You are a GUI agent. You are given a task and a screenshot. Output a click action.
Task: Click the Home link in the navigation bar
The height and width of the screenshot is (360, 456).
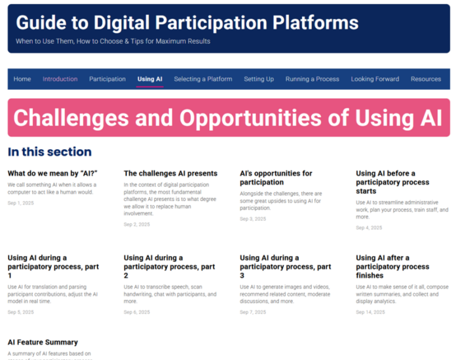[22, 79]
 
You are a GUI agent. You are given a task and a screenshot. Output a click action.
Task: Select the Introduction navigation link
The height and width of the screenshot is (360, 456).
[60, 79]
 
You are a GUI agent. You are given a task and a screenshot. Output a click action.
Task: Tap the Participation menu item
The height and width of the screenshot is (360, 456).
[107, 79]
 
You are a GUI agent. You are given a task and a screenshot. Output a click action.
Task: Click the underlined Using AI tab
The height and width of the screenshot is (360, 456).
[150, 79]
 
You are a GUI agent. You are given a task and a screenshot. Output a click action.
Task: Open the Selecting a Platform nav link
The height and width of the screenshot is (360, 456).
[203, 79]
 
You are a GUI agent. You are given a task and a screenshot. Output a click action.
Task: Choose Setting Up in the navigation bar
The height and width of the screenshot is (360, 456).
[259, 79]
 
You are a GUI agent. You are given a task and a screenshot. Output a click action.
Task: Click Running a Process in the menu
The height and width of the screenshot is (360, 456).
[312, 79]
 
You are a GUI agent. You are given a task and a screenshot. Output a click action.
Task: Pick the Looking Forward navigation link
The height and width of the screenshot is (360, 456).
[375, 79]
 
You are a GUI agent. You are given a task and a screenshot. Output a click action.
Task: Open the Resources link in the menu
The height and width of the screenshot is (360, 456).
[426, 79]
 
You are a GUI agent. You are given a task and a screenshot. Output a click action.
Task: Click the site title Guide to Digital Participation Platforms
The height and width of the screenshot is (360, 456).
[187, 24]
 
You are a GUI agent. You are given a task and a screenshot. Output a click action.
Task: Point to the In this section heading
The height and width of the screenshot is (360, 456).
[50, 152]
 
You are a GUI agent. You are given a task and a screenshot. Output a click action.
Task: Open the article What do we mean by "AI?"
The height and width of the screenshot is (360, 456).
[52, 173]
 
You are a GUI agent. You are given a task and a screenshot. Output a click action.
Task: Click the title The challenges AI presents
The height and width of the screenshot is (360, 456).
[170, 173]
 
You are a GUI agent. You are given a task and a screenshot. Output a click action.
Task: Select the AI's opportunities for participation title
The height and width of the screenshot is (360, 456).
[276, 177]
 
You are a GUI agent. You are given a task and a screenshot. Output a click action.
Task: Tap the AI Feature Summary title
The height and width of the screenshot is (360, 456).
[43, 342]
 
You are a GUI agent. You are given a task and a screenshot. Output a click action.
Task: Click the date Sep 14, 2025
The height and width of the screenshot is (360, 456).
[370, 312]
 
